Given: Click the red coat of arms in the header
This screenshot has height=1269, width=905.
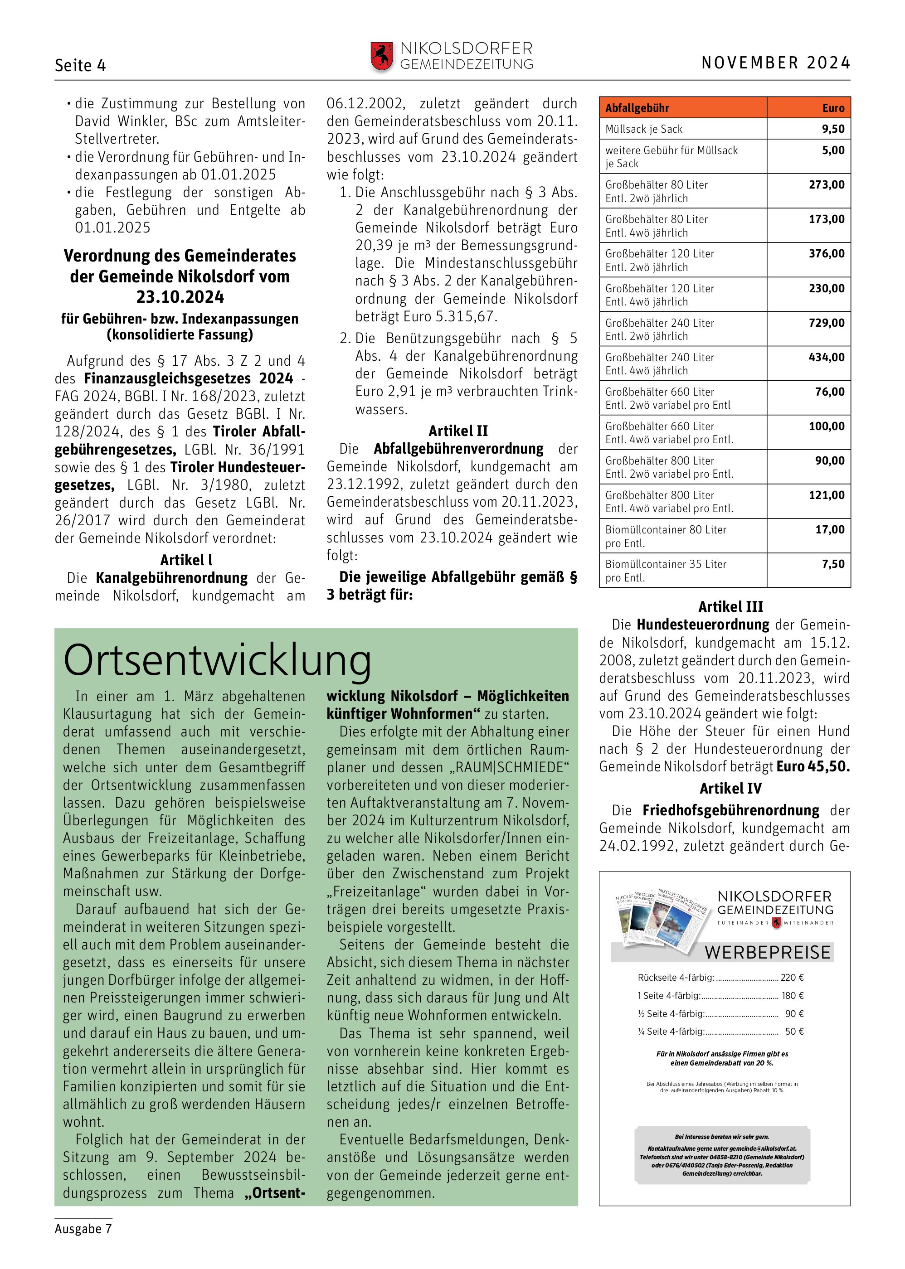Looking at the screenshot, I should coord(382,57).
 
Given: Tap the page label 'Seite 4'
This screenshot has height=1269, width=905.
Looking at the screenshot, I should coord(80,66).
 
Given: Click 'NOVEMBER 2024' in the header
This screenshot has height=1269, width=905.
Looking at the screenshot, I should coord(775,63).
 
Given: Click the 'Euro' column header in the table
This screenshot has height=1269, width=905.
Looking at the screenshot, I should coord(833,108).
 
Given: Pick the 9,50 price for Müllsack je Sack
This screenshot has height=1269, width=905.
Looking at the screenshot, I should coord(832,129).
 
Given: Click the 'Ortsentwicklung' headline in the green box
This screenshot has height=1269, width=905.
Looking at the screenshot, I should coord(217,661).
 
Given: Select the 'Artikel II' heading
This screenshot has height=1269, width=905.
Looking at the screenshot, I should coord(458,431).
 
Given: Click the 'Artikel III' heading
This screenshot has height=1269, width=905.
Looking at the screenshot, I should coord(730,607).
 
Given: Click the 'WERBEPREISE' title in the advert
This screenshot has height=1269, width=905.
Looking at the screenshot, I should coord(767,952).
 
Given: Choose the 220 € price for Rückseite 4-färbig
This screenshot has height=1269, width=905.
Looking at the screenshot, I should coord(792,977).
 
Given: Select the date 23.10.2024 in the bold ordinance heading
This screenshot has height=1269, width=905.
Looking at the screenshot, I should coord(180,297).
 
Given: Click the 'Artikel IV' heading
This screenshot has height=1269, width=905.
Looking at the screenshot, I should coord(730,788).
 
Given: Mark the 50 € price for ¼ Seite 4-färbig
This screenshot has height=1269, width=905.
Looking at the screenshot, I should coord(794,1031).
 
